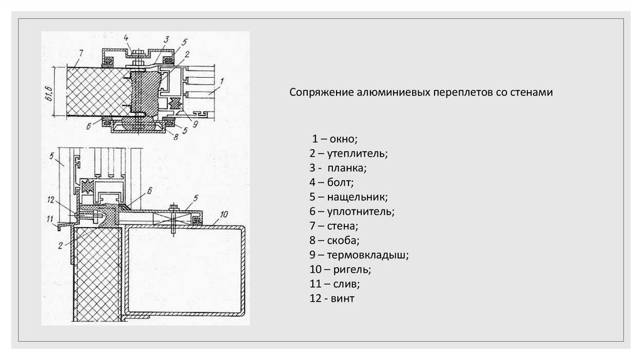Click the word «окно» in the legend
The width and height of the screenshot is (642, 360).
coord(341,138)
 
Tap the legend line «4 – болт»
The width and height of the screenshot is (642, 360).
coord(331,183)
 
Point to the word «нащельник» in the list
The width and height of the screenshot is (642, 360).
coord(357,197)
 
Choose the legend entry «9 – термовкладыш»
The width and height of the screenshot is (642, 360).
coord(359,255)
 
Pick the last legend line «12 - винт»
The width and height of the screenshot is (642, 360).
coord(332,299)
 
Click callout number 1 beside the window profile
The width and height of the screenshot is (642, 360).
coord(221,81)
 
